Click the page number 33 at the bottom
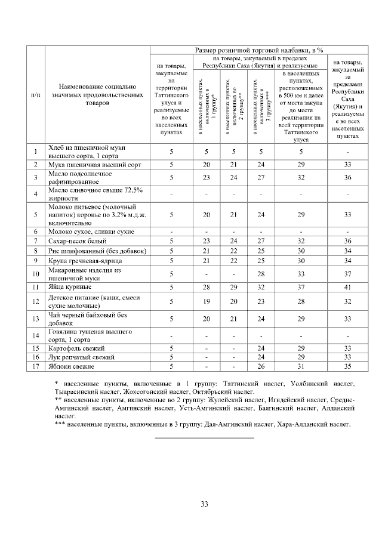pyautogui.click(x=204, y=504)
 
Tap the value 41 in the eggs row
pyautogui.click(x=347, y=287)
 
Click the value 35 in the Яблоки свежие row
pyautogui.click(x=347, y=366)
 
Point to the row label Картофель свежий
pyautogui.click(x=75, y=347)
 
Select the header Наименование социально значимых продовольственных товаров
pyautogui.click(x=97, y=95)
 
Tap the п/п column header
pyautogui.click(x=36, y=95)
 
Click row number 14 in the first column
pyautogui.click(x=36, y=335)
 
